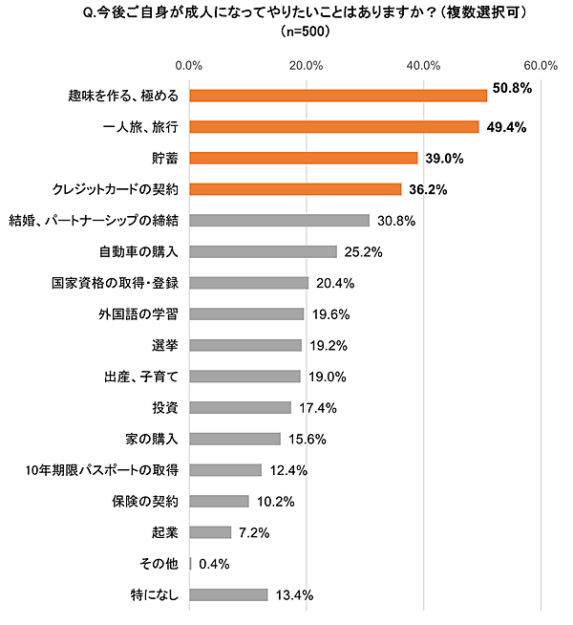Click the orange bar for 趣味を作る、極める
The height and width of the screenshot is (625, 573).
pyautogui.click(x=338, y=96)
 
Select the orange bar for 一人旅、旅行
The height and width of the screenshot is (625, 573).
pyautogui.click(x=334, y=127)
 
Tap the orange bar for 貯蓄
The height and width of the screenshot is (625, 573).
pyautogui.click(x=304, y=158)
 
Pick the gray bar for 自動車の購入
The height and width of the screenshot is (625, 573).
pyautogui.click(x=264, y=251)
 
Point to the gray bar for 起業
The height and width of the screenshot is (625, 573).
pyautogui.click(x=211, y=532)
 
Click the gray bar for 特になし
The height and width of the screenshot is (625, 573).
pyautogui.click(x=229, y=594)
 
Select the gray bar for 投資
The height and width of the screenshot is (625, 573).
pyautogui.click(x=241, y=408)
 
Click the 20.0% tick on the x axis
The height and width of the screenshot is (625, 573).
pyautogui.click(x=306, y=66)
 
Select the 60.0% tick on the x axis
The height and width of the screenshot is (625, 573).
pyautogui.click(x=541, y=66)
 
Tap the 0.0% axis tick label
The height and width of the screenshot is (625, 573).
pyautogui.click(x=189, y=66)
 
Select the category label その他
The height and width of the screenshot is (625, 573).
pyautogui.click(x=161, y=564)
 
